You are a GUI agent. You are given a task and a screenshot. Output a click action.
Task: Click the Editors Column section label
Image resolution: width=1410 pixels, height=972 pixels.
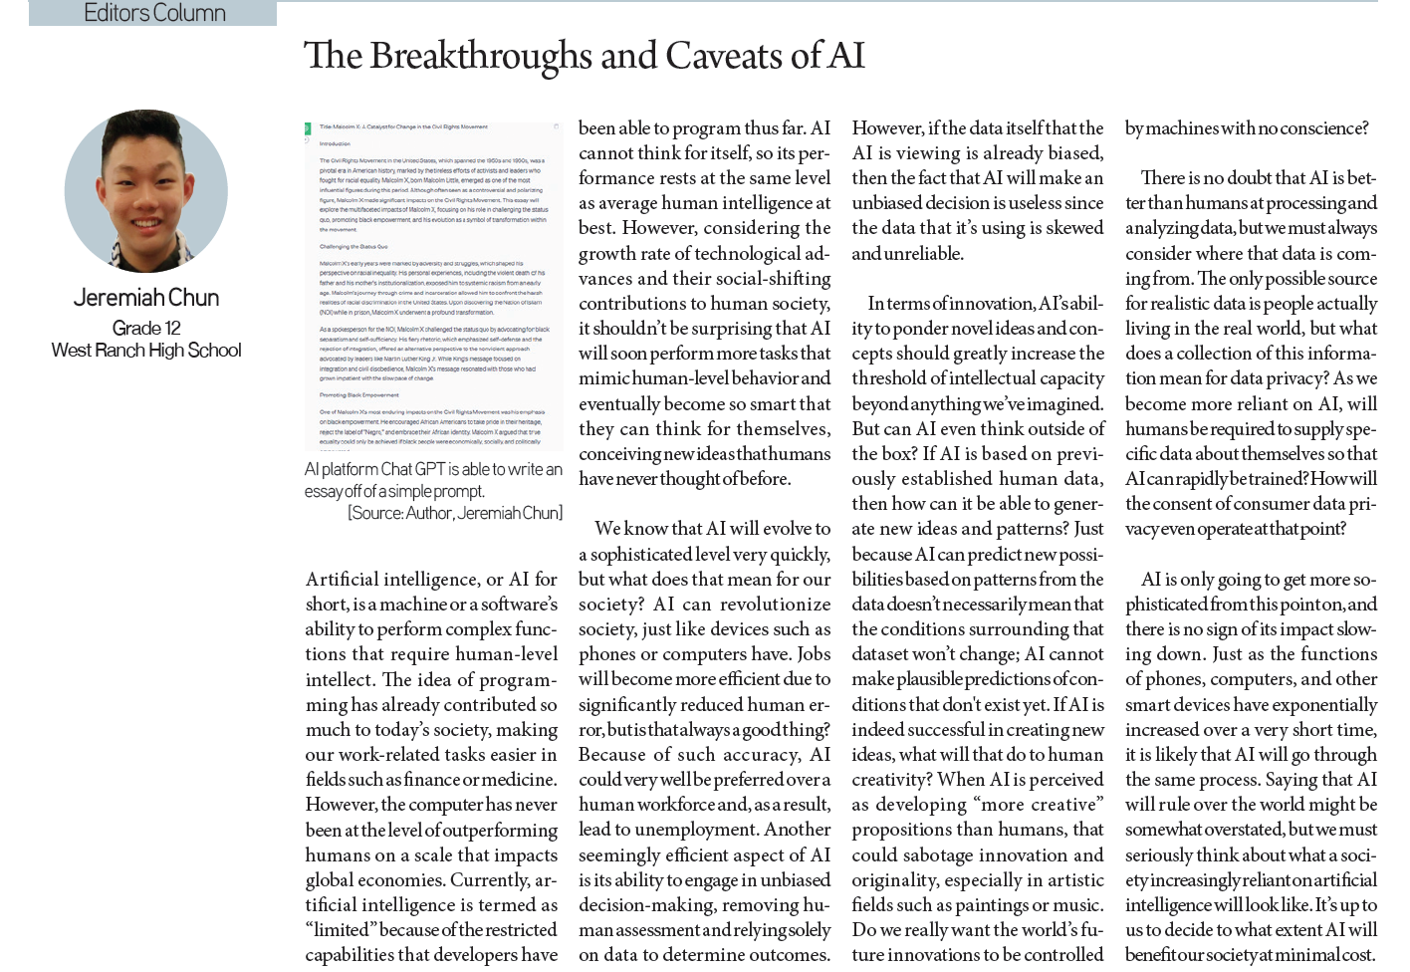click(x=154, y=13)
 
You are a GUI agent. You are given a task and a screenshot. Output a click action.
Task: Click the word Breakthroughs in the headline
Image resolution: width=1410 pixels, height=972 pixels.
click(x=481, y=57)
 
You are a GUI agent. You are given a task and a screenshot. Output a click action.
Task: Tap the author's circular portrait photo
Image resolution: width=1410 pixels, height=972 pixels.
click(x=146, y=191)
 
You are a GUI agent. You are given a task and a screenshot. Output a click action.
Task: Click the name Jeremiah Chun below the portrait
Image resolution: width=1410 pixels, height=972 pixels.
click(x=146, y=298)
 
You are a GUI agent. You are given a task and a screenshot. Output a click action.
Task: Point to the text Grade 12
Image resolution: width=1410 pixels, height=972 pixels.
click(x=146, y=329)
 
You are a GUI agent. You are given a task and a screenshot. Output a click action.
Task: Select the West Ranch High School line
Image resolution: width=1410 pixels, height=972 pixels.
click(x=146, y=351)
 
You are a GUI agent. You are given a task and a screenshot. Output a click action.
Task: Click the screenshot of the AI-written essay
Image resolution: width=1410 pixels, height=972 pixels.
click(x=433, y=286)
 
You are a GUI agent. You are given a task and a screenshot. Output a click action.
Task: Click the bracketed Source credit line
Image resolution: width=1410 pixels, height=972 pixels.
click(x=455, y=513)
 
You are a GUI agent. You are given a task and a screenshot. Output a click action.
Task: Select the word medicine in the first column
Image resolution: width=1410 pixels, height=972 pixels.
click(x=520, y=780)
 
